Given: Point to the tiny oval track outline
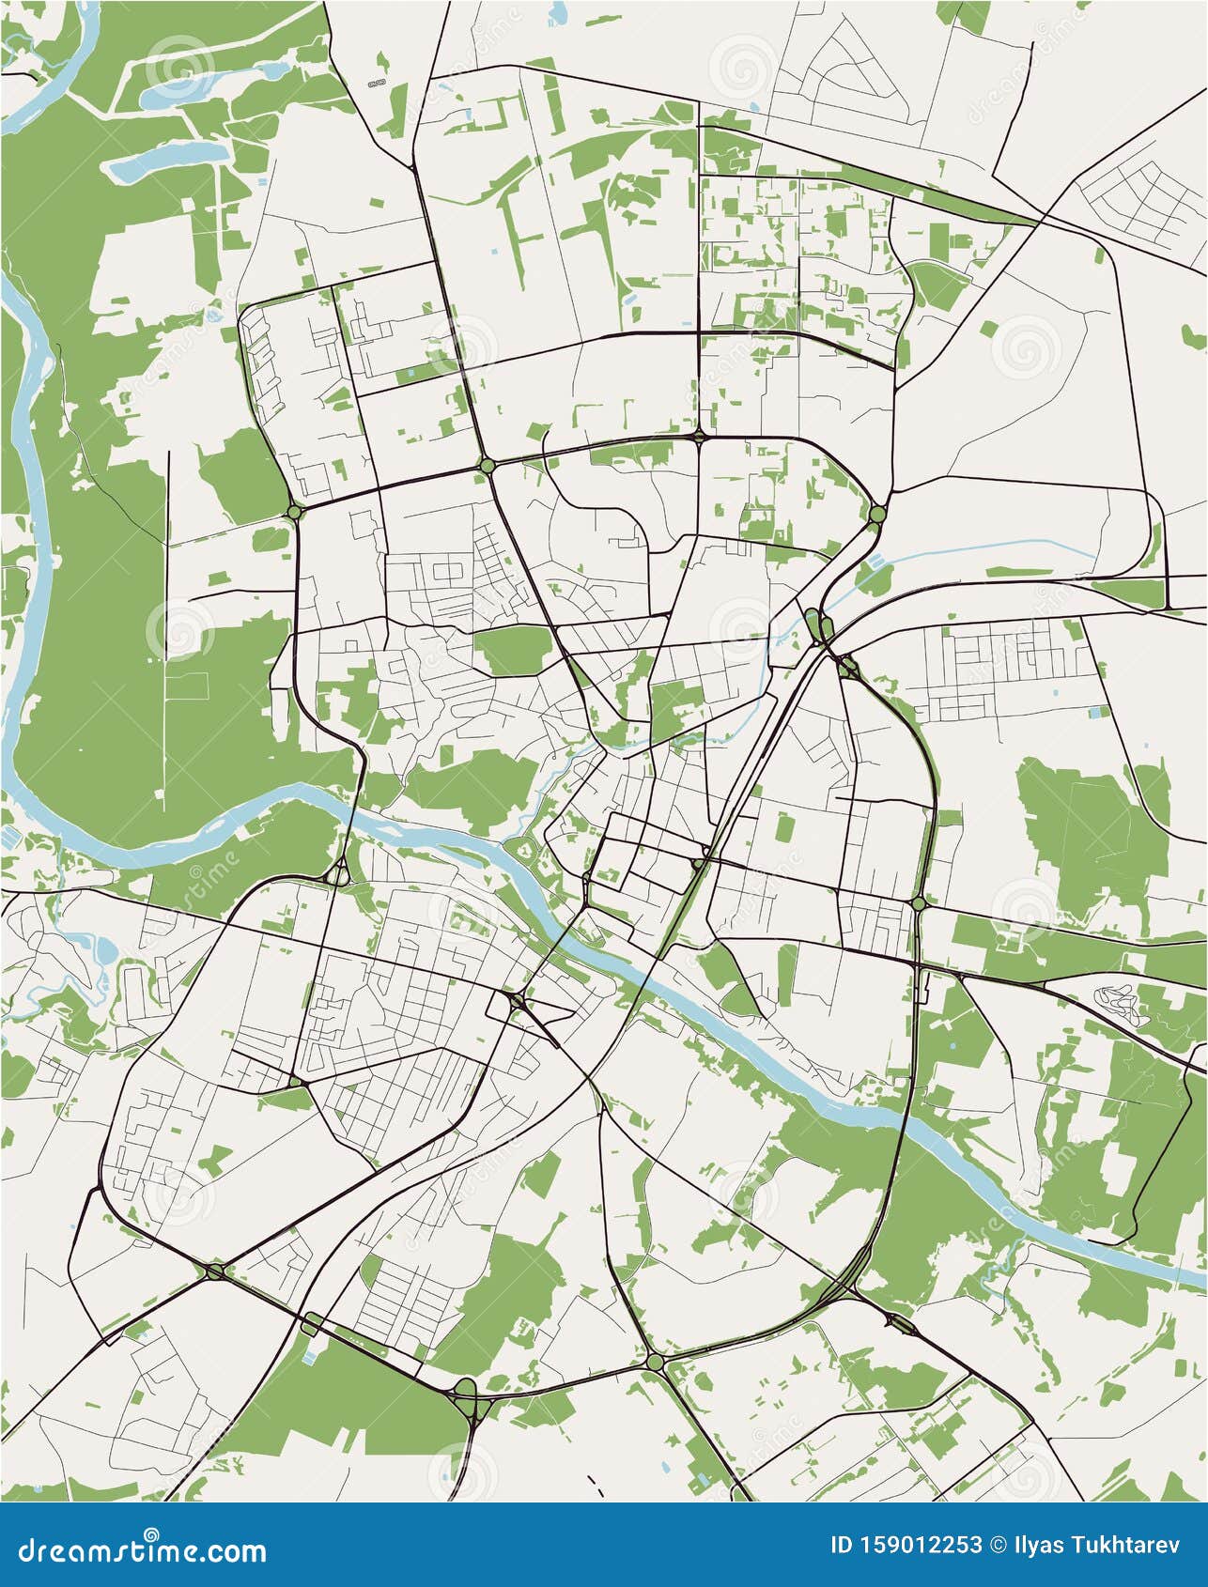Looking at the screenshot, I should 377,85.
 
